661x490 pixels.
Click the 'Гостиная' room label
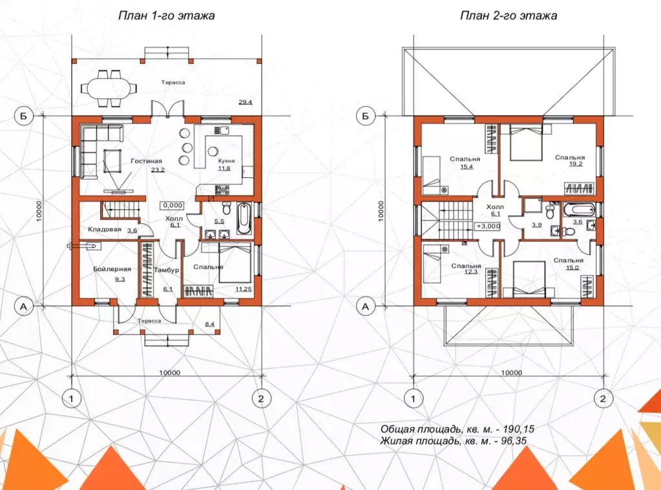point(146,161)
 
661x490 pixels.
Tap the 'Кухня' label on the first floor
point(226,161)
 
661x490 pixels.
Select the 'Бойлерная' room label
point(112,269)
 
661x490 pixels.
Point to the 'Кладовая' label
point(105,229)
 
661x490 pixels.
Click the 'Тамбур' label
point(167,270)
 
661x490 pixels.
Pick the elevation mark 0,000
point(173,206)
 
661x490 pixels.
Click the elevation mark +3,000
point(488,226)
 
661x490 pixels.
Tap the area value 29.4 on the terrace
point(246,101)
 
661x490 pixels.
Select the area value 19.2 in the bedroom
point(576,164)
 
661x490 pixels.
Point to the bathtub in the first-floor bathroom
point(244,219)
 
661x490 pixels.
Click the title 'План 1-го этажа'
point(167,16)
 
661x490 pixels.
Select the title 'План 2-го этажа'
point(509,16)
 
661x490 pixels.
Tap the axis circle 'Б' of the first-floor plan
point(23,116)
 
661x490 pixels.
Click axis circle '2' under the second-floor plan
point(603,398)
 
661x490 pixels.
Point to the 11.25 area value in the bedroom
point(244,289)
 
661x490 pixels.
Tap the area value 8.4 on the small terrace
point(209,324)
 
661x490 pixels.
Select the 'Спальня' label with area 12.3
point(467,266)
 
